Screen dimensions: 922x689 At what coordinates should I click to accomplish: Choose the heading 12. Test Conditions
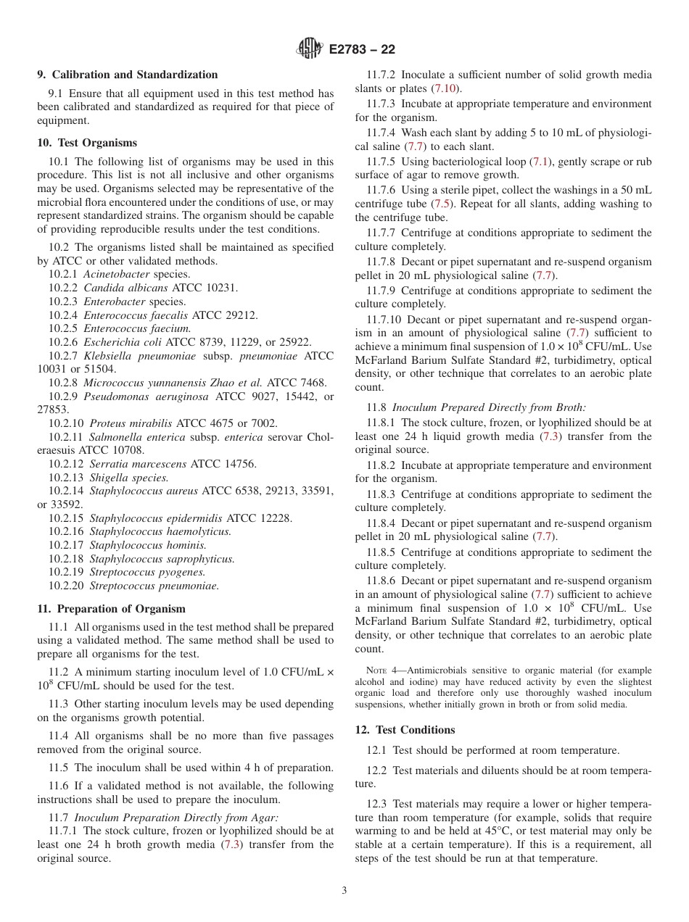pyautogui.click(x=405, y=730)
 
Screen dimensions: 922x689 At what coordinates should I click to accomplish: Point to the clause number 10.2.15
pyautogui.click(x=66, y=518)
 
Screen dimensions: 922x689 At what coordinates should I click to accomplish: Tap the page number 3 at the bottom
pyautogui.click(x=344, y=891)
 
